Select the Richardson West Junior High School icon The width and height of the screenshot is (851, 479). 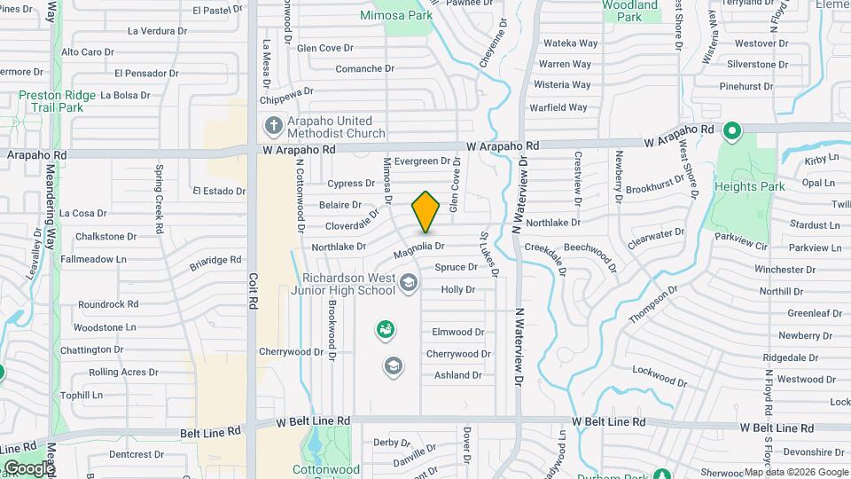(x=409, y=284)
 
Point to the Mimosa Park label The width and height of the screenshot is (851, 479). (x=396, y=15)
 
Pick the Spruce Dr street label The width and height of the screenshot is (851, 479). (x=456, y=267)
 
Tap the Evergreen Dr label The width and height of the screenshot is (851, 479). (x=422, y=161)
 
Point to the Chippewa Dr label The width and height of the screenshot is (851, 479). (x=288, y=90)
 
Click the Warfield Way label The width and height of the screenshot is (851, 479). (x=558, y=107)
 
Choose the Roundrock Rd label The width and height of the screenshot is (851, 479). (x=108, y=304)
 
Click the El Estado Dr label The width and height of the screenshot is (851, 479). (x=218, y=191)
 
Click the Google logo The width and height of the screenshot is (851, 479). (x=27, y=467)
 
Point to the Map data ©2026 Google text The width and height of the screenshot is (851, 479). (x=796, y=473)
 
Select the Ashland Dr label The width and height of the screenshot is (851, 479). (x=457, y=375)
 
